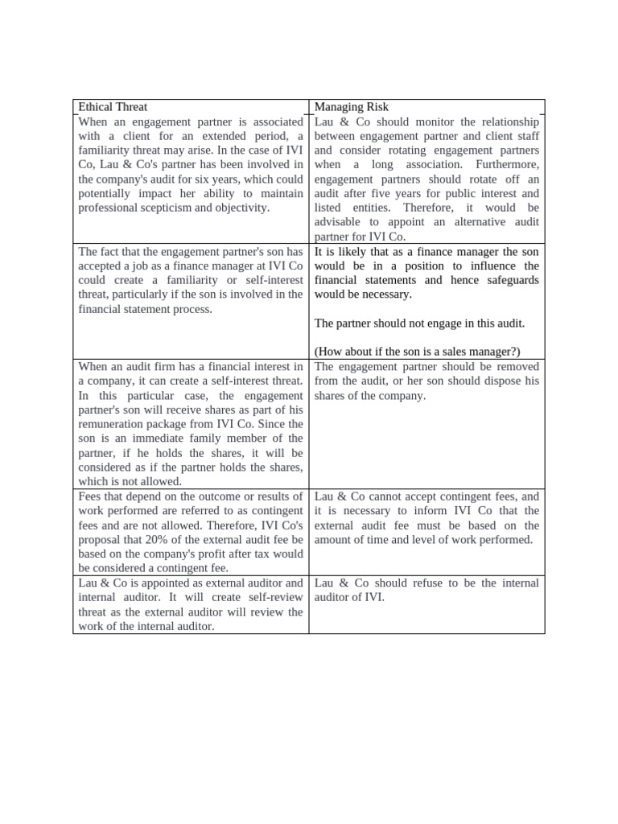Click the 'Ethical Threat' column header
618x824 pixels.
tap(113, 107)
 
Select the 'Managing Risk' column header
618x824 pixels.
tap(352, 107)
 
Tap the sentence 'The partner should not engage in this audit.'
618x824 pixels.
tap(418, 323)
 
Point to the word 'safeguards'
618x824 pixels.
tap(511, 280)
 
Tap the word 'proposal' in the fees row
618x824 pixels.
tap(101, 539)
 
